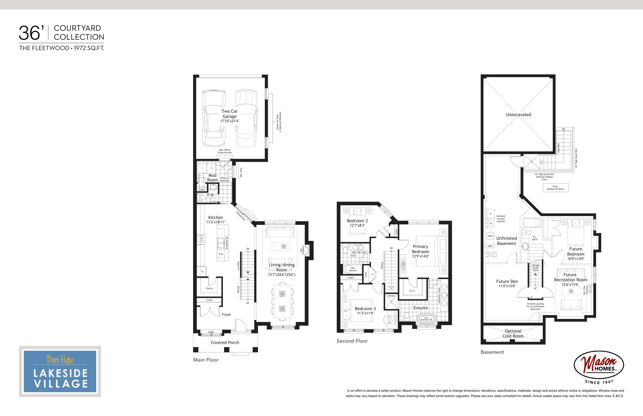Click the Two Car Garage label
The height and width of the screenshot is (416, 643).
(x=230, y=114)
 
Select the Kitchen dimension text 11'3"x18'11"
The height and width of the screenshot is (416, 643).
(x=216, y=222)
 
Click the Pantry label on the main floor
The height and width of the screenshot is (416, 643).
(x=209, y=288)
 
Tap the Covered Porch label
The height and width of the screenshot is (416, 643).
(x=225, y=343)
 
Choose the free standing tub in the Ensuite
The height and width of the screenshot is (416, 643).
(x=426, y=319)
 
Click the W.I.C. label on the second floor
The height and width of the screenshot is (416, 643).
(x=412, y=291)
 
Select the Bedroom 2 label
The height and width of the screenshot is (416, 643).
(x=357, y=221)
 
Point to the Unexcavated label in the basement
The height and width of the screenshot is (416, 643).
(x=518, y=115)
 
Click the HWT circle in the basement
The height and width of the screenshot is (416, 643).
(x=491, y=236)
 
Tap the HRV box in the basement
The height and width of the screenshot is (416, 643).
(x=490, y=246)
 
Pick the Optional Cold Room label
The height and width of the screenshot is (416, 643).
(x=513, y=334)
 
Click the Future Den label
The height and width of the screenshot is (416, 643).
(x=507, y=281)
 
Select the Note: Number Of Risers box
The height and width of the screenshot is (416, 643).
(x=556, y=188)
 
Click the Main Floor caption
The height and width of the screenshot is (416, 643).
(x=206, y=360)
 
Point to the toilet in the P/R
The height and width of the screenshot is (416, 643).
(x=202, y=198)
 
